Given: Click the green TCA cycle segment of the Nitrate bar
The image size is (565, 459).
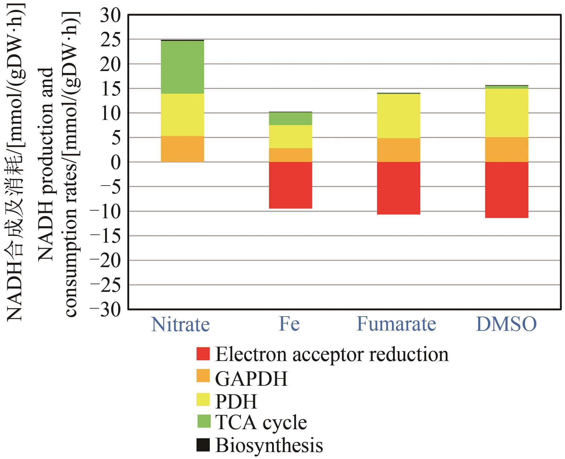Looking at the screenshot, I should [182, 67].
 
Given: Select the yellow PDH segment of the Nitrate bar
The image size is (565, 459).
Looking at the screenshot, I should [182, 115].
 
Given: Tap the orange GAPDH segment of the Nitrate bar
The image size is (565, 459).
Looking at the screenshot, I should [182, 149].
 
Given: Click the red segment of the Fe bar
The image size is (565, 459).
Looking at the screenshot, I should [290, 185].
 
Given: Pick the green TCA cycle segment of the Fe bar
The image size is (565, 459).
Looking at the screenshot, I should [290, 119].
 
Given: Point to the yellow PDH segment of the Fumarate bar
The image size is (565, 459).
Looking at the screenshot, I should [398, 116].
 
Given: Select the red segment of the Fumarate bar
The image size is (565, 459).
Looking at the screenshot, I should [398, 188].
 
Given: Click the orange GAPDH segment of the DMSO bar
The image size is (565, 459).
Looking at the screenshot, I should [507, 150].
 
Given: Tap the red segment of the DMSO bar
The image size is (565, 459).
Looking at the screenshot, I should [507, 190].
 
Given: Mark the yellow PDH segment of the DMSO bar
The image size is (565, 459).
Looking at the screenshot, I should [507, 113].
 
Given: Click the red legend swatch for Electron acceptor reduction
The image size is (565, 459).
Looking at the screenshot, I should [203, 354].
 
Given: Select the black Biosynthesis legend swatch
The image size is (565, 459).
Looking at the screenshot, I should [203, 445].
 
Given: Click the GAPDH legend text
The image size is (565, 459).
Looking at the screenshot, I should [251, 378].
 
